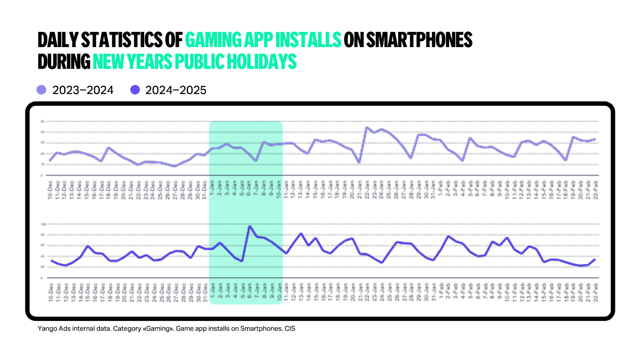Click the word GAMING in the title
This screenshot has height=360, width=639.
(213, 40)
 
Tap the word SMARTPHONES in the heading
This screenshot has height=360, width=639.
(419, 40)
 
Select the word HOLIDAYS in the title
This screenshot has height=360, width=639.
(262, 61)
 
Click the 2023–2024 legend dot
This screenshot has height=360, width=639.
(42, 90)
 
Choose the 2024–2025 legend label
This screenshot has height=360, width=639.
(176, 90)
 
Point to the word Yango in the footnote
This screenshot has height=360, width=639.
(47, 328)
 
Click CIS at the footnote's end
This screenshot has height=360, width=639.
(290, 328)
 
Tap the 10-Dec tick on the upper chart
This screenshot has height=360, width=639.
(50, 190)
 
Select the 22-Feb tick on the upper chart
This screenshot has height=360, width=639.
(595, 190)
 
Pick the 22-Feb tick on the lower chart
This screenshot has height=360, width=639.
(595, 292)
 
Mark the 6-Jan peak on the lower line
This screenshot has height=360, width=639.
(250, 226)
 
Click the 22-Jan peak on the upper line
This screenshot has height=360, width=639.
(367, 128)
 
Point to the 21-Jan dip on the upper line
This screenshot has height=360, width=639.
(359, 162)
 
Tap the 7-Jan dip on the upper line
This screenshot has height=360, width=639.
(256, 161)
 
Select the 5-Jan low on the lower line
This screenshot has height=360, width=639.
(242, 261)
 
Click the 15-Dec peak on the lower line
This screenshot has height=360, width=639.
(88, 246)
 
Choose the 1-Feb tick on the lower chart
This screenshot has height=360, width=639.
(441, 292)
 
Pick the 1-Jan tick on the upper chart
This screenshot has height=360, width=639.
(212, 190)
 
